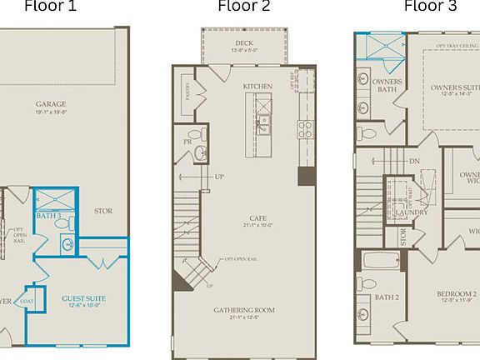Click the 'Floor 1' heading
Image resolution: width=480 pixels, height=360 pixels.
coord(50,7)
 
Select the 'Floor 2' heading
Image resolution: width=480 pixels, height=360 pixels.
coord(243,7)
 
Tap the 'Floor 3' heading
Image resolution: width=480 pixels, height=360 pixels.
coord(430,7)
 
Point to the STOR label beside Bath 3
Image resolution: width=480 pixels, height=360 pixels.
coord(102,212)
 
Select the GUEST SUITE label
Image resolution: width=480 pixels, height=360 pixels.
coord(83,297)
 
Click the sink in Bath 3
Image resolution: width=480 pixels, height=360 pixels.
coord(67,244)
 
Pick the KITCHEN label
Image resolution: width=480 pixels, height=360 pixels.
coord(258,87)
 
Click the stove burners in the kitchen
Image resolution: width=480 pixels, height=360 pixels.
coord(305,129)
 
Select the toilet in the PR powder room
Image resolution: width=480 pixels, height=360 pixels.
coord(195,134)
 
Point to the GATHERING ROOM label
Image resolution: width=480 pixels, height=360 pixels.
coord(243,310)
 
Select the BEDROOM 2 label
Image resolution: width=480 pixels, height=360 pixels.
coord(457,294)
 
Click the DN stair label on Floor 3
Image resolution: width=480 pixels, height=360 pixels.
coord(414,161)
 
